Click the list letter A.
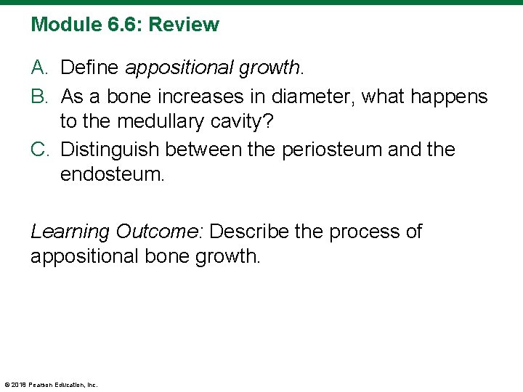point(39,68)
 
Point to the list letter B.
point(39,96)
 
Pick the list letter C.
point(39,150)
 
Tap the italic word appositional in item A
point(176,69)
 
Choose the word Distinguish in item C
point(110,150)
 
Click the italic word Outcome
point(158,232)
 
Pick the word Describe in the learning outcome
point(251,232)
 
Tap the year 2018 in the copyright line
point(20,385)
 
